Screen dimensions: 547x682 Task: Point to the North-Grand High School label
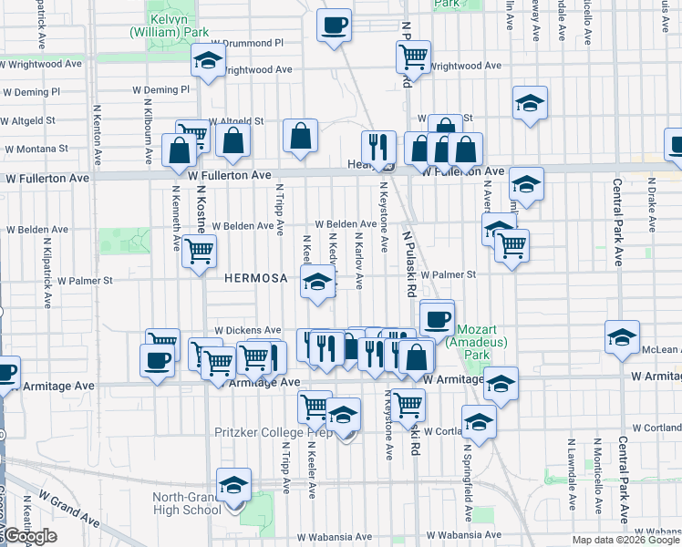pos(189,504)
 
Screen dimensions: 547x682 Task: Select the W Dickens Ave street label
pos(247,330)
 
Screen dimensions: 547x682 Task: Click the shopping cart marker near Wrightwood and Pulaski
pos(414,57)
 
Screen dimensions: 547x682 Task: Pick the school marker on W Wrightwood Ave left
pos(208,62)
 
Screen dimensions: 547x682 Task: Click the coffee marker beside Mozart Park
pos(437,317)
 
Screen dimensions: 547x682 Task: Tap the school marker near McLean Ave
pos(623,336)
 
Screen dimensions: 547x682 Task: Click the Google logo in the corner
pos(29,537)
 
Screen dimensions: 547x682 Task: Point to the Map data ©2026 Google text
pos(625,540)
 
